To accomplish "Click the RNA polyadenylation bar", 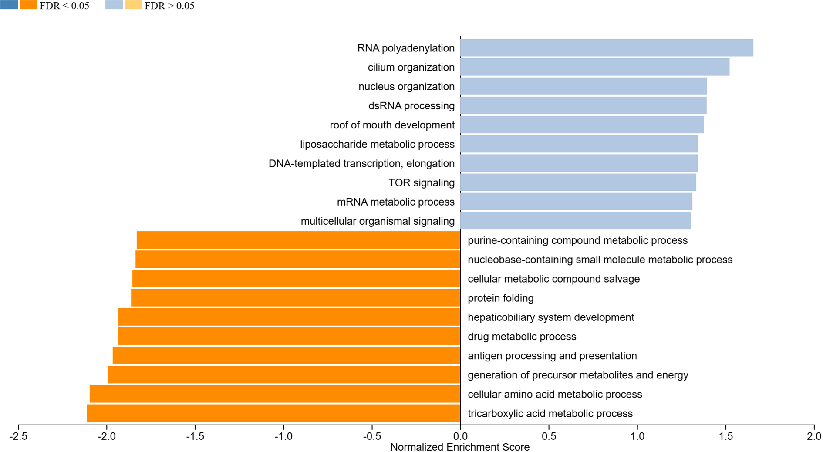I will [x=607, y=48].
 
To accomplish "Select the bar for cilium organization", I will [x=595, y=67].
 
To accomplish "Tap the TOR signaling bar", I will [x=578, y=182].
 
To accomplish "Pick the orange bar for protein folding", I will [x=296, y=298].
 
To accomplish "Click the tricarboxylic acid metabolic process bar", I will [x=273, y=413].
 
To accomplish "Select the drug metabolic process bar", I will [x=289, y=337].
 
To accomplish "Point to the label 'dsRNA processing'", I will [x=411, y=106].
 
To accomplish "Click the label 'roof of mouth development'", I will [x=392, y=125].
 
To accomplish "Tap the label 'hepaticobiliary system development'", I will [x=550, y=317].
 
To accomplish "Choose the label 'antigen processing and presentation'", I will [x=552, y=356].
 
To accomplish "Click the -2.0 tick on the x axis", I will [x=107, y=436].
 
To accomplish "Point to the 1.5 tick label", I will [x=725, y=436].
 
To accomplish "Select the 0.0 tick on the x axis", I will [x=460, y=436].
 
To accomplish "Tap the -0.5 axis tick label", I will [x=372, y=436].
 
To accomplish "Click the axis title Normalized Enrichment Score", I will [x=460, y=447].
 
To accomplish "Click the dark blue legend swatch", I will [x=9, y=5].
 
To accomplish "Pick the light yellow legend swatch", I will [x=133, y=5].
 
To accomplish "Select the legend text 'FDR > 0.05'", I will [x=169, y=6].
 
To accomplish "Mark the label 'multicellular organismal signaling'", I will [x=378, y=221].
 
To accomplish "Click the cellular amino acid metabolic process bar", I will [x=275, y=394].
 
